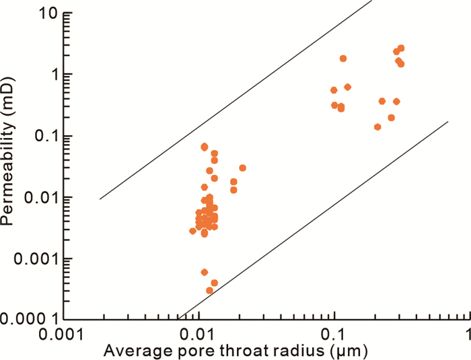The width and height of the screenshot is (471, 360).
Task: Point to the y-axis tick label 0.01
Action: (38, 197)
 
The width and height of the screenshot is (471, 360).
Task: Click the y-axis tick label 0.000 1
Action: (30, 319)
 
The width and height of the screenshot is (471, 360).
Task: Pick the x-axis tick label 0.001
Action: (62, 333)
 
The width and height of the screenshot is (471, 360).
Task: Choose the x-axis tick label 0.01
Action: (198, 333)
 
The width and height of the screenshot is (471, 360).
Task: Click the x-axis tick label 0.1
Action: (334, 333)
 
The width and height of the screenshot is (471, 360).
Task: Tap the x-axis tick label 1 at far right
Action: (465, 333)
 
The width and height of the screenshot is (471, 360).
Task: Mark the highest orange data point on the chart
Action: (401, 48)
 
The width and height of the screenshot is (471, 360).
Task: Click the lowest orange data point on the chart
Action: (209, 291)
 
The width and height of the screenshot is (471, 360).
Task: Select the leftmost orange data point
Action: (192, 231)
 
